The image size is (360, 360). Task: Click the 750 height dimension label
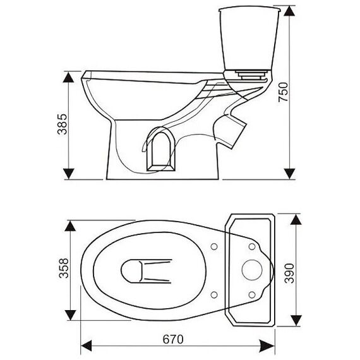(283, 92)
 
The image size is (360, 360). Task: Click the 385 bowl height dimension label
(63, 124)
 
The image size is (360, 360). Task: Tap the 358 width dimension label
(64, 268)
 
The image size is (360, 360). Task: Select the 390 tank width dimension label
(289, 273)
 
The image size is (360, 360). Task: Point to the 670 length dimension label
(173, 339)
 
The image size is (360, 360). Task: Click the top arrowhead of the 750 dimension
(289, 11)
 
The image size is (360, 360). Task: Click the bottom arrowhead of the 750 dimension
(289, 174)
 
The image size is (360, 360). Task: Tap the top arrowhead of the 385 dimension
(68, 77)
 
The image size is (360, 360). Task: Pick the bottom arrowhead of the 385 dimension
(68, 174)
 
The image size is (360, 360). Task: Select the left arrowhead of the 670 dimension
(87, 345)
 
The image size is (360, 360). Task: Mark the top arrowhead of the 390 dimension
(296, 220)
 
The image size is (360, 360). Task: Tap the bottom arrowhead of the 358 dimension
(70, 315)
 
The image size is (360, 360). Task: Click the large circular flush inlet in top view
(252, 270)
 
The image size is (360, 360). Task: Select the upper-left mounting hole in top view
(214, 246)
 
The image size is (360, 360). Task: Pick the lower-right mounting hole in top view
(252, 294)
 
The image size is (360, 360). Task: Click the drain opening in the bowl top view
(131, 271)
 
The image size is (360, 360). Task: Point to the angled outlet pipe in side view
(230, 131)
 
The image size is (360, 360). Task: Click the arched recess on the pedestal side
(161, 152)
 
